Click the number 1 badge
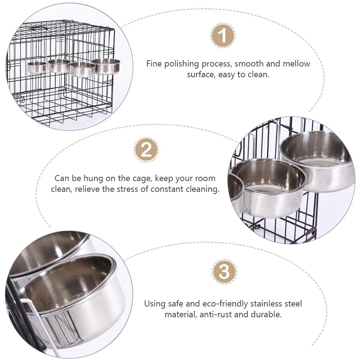223,36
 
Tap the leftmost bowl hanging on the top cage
37,67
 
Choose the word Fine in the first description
154,64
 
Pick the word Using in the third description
155,304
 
